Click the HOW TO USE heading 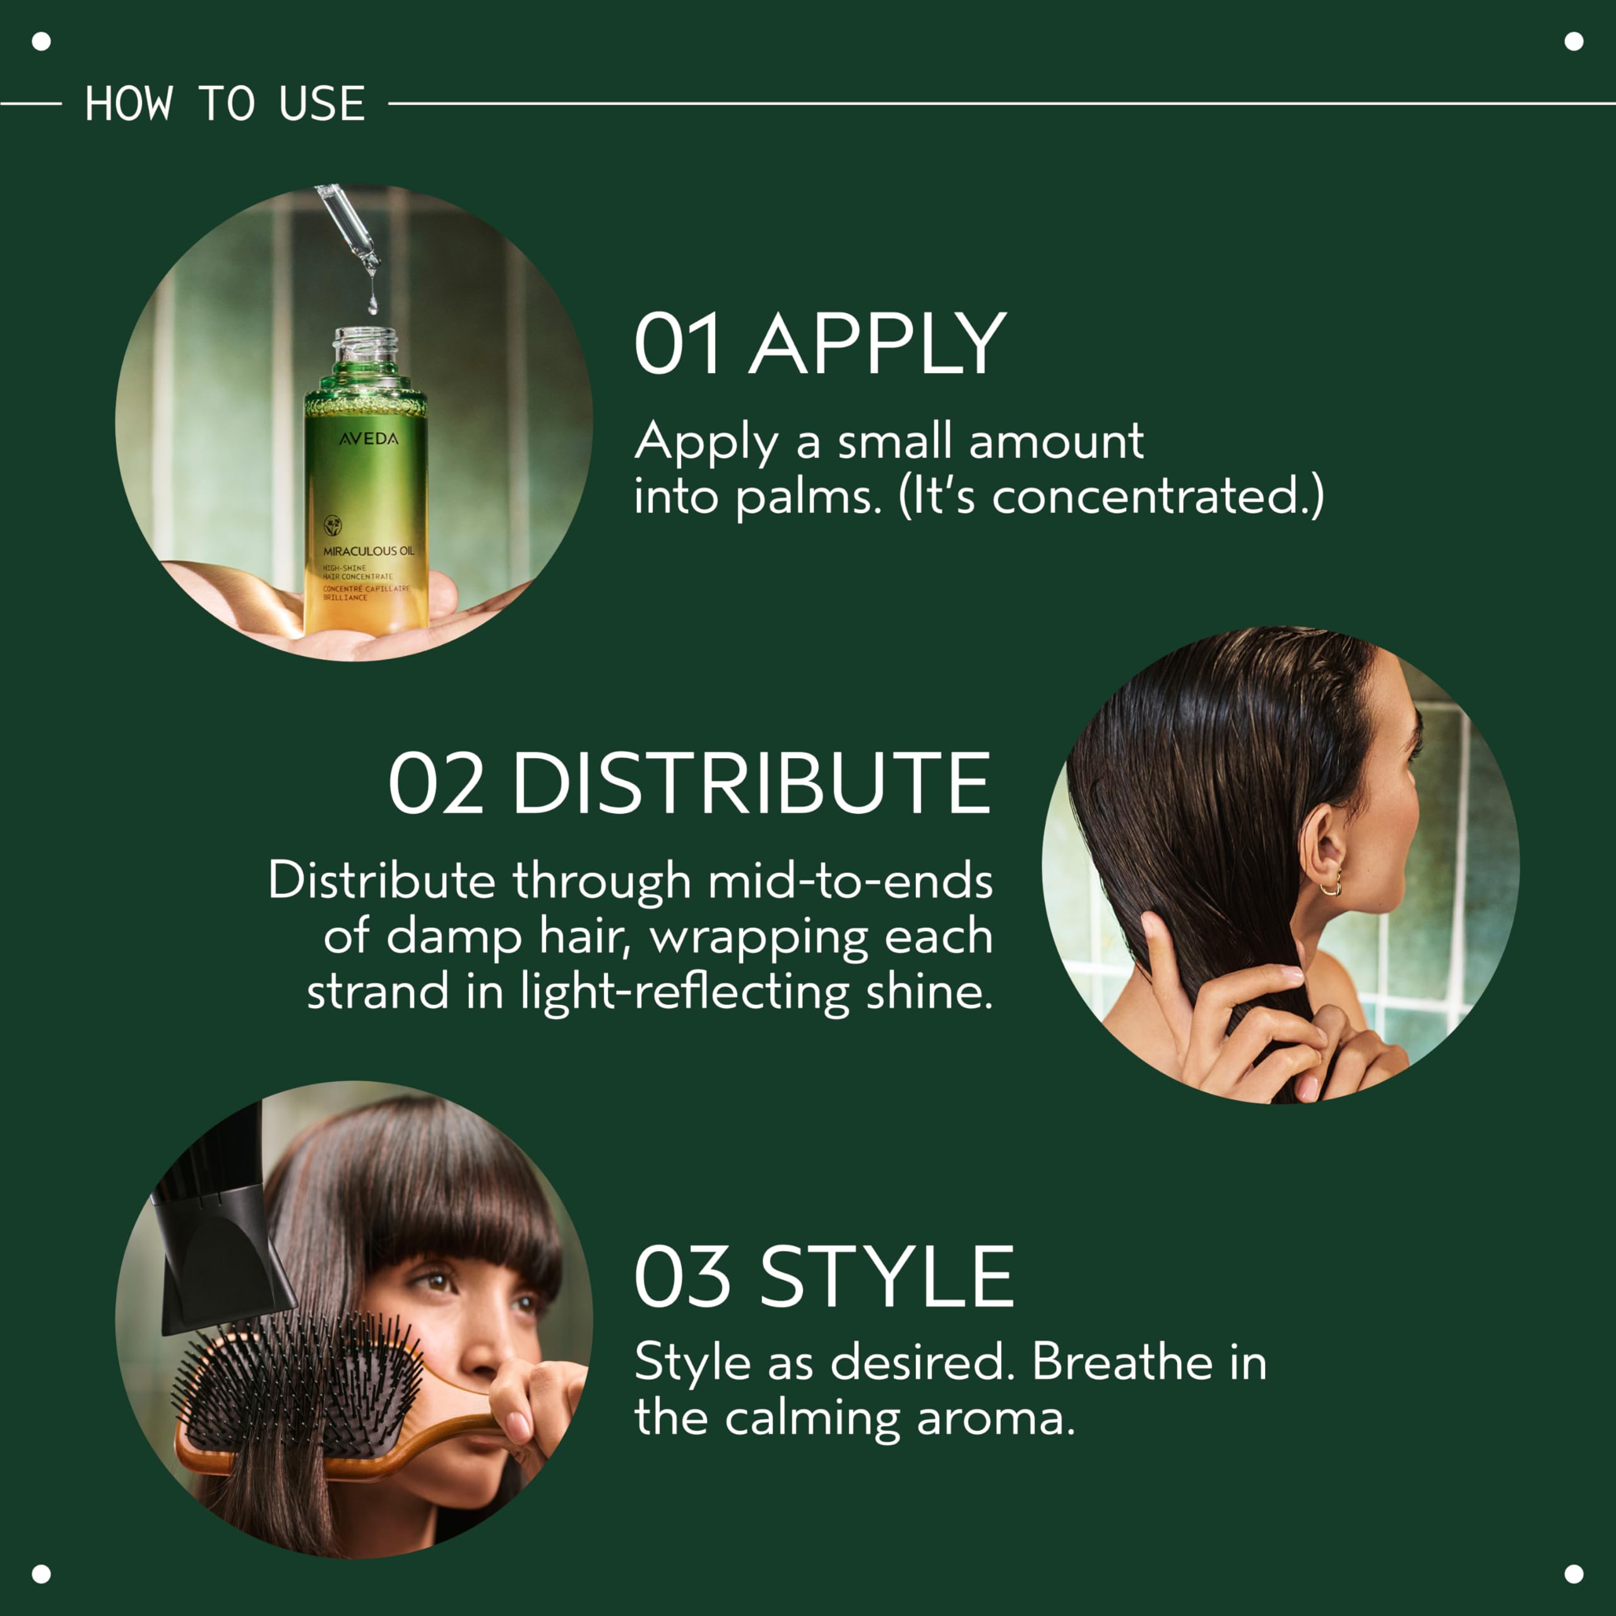224,104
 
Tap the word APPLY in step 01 877,344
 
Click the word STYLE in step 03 887,1276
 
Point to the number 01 677,344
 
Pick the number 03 682,1276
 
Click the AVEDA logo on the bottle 368,438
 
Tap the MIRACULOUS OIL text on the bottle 368,551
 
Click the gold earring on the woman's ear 1331,886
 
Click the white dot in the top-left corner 41,41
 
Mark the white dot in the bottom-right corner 1574,1574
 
